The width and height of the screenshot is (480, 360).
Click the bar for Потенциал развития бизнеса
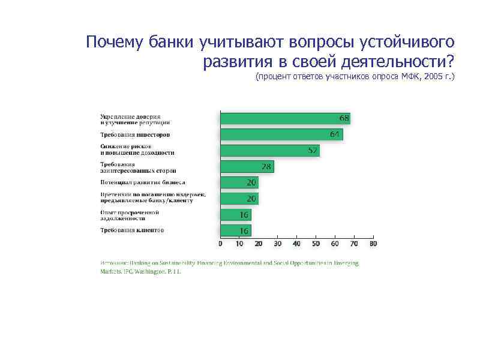(239, 182)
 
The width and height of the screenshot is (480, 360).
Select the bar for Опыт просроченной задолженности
(235, 214)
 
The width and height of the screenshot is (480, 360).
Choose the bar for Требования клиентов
(235, 230)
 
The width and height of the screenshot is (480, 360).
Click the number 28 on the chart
(266, 166)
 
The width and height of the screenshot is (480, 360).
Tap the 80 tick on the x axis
(373, 244)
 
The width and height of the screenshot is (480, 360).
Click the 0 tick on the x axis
(220, 244)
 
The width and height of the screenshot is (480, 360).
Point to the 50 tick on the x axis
(316, 244)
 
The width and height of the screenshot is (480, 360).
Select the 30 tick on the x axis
(277, 244)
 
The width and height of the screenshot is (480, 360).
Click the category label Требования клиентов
(132, 230)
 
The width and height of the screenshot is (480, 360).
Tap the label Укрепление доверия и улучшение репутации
(131, 118)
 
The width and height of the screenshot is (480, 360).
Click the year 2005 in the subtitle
(433, 77)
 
